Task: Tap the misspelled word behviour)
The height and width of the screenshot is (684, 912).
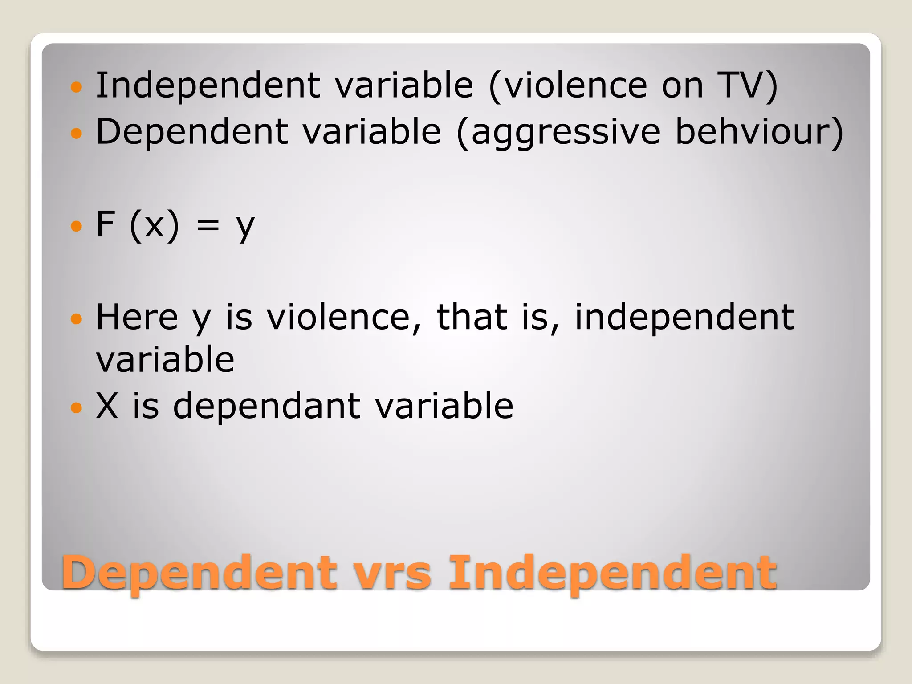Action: click(x=759, y=131)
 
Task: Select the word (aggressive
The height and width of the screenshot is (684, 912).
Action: click(x=558, y=132)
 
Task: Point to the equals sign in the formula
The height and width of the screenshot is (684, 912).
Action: click(x=208, y=225)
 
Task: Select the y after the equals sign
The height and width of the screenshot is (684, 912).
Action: click(x=245, y=227)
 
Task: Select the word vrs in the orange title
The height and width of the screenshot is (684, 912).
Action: click(x=392, y=573)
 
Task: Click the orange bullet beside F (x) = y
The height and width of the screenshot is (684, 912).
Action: click(x=77, y=226)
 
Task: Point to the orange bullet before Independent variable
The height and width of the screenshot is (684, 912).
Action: click(x=77, y=86)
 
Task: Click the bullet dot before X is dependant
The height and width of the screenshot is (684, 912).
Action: click(x=77, y=407)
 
